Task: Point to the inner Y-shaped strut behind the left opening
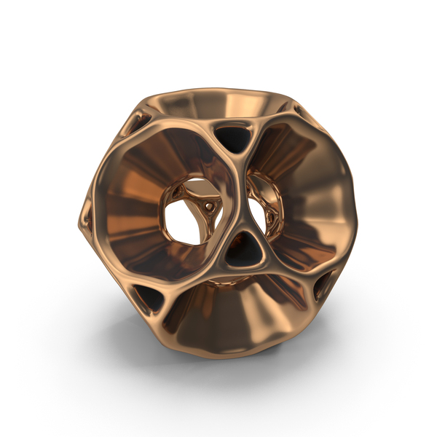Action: [200, 211]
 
